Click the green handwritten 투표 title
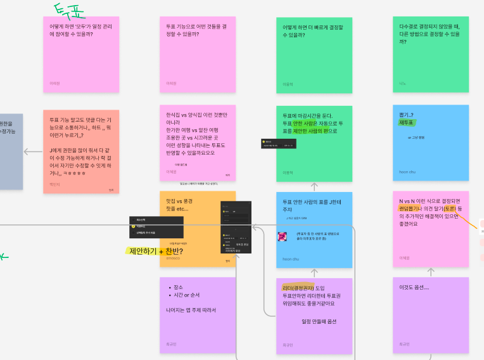coord(68,11)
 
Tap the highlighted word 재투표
coord(406,122)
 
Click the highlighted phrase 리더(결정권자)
coord(298,288)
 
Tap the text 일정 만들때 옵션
coord(319,321)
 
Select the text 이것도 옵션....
coord(414,288)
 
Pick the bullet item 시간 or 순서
coord(186,295)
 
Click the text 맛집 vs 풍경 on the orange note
coord(179,201)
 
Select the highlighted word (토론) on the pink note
coord(449,209)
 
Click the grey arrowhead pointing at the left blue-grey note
coord(26,151)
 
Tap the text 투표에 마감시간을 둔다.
coord(307,115)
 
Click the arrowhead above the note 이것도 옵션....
coord(431,271)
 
